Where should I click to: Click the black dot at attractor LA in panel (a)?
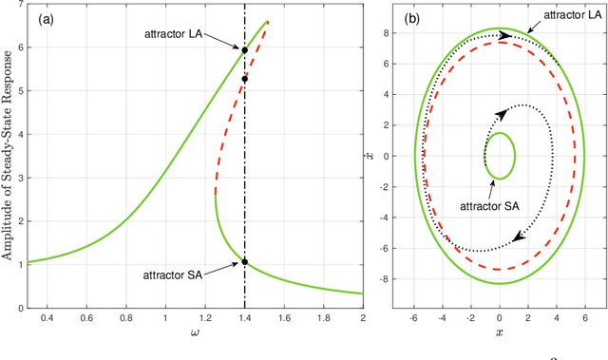(x=244, y=50)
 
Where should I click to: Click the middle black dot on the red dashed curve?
(x=244, y=80)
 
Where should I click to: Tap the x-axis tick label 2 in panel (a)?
(x=362, y=318)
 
